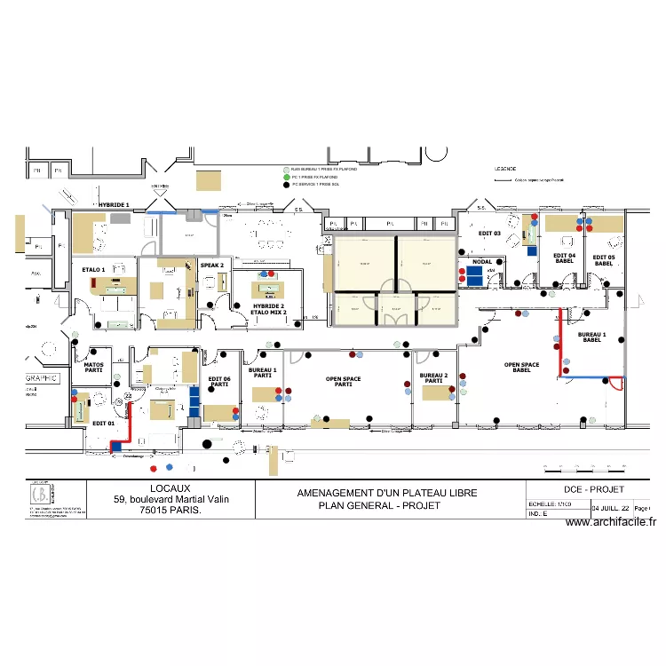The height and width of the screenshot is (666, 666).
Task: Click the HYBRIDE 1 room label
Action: point(114,205)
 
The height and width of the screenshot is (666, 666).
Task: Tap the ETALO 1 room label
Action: point(93,269)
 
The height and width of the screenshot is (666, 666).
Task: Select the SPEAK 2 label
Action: point(211,265)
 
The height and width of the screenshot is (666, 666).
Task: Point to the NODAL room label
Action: point(482,262)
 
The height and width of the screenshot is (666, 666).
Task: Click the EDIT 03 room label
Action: point(490,234)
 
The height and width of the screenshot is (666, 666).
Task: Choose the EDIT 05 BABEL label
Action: point(604,259)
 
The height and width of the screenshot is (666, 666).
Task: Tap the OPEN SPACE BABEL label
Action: point(522,367)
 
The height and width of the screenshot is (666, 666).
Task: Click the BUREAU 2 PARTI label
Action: point(433,377)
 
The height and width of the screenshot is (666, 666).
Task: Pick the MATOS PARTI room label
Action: point(94,367)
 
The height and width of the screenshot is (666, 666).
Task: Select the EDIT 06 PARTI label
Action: point(219,381)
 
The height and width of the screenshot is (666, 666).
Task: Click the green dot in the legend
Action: point(285,177)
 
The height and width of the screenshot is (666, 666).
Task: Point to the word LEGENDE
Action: point(504,168)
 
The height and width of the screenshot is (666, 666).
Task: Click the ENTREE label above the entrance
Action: point(160,186)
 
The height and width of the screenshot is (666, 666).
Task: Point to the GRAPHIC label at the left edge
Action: point(41,377)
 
